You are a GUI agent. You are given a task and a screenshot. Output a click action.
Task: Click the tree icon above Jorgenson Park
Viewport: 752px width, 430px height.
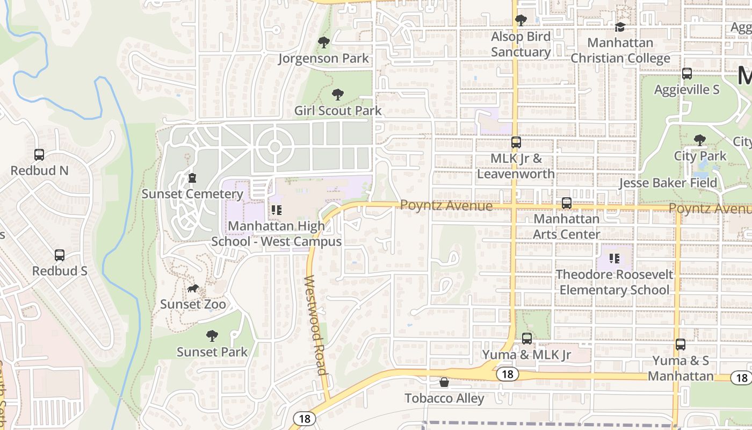pos(323,42)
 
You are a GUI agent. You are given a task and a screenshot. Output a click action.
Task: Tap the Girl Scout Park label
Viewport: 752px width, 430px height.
pos(338,111)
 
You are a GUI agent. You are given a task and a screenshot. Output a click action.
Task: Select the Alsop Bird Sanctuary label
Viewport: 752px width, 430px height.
pos(520,44)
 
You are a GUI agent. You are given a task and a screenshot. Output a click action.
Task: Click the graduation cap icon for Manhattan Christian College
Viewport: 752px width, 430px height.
pos(620,27)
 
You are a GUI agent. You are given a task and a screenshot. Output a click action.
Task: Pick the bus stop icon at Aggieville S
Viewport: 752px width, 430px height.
pos(686,74)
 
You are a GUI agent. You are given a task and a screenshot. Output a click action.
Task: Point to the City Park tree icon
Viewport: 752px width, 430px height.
pos(699,140)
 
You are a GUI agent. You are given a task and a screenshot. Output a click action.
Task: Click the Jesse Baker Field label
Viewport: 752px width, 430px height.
pos(668,183)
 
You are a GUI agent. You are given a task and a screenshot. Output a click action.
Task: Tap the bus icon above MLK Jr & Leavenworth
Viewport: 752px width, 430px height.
pos(516,142)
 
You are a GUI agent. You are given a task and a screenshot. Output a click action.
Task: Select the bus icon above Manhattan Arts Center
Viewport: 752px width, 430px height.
pos(566,203)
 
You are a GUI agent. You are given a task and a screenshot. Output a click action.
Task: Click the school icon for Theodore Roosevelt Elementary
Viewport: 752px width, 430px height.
pos(614,259)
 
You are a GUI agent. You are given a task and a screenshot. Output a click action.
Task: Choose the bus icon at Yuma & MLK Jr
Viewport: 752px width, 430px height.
pos(526,339)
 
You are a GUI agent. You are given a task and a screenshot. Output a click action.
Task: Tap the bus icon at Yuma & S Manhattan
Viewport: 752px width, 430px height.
pos(681,345)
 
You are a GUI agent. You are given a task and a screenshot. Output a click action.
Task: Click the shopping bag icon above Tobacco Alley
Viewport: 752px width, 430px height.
pos(444,382)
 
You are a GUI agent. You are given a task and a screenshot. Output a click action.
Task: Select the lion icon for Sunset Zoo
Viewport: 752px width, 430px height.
pos(193,289)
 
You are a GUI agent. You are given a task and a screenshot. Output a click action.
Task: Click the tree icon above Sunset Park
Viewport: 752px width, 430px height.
pos(212,336)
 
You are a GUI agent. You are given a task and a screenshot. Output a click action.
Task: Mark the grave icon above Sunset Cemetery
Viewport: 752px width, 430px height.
pos(192,178)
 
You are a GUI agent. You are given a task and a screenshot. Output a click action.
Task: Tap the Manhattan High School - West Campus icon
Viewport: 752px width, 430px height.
pos(276,210)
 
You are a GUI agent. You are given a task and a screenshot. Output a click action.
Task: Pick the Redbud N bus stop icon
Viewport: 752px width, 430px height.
pos(39,155)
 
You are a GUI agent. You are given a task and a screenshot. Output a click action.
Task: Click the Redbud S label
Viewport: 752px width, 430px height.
pos(60,271)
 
